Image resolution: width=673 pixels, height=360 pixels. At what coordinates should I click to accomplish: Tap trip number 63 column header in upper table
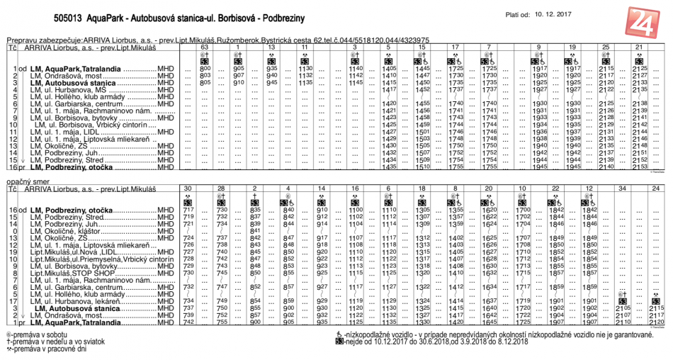[205, 47]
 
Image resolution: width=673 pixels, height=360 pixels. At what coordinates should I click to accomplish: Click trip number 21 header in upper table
[639, 47]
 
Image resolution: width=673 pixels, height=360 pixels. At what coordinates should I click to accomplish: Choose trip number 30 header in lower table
[188, 188]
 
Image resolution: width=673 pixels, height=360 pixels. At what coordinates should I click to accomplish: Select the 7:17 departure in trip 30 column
[188, 210]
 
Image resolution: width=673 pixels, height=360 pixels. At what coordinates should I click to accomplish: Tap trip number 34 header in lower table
[622, 188]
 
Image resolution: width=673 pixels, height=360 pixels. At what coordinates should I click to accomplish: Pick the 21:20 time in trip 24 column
[656, 322]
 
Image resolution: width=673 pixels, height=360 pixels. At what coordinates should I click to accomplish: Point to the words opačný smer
[27, 182]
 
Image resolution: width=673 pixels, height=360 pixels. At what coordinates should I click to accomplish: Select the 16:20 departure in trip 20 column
[489, 210]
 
